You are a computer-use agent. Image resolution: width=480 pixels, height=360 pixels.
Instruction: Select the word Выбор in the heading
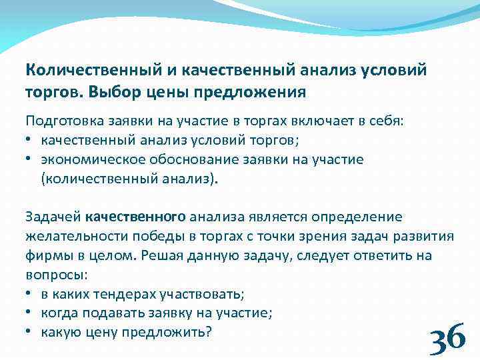[x=109, y=91]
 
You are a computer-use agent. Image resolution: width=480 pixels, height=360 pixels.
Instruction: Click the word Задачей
[x=53, y=217]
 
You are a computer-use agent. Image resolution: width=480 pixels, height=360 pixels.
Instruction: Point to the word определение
[x=360, y=217]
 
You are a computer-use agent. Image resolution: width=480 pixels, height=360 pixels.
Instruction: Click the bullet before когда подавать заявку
[x=30, y=312]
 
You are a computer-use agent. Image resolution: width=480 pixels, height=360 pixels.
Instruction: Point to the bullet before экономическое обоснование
[x=30, y=160]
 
